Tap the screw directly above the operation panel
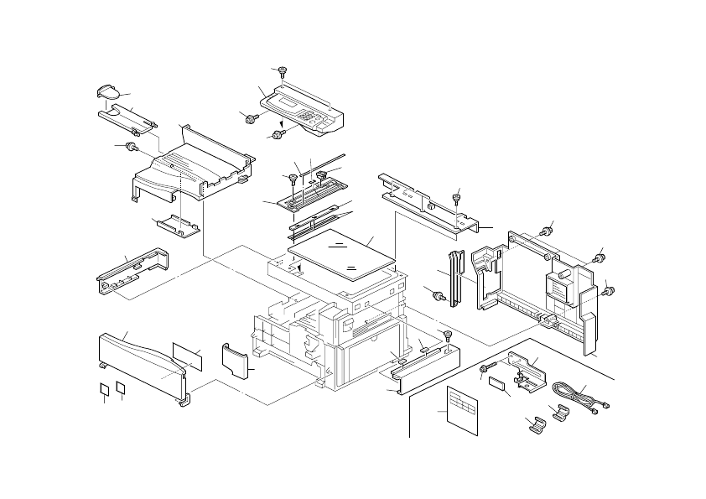(283, 72)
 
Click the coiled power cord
(571, 394)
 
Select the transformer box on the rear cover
(558, 286)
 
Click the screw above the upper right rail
(457, 198)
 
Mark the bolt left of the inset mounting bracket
(485, 369)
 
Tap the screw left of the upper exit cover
(131, 148)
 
